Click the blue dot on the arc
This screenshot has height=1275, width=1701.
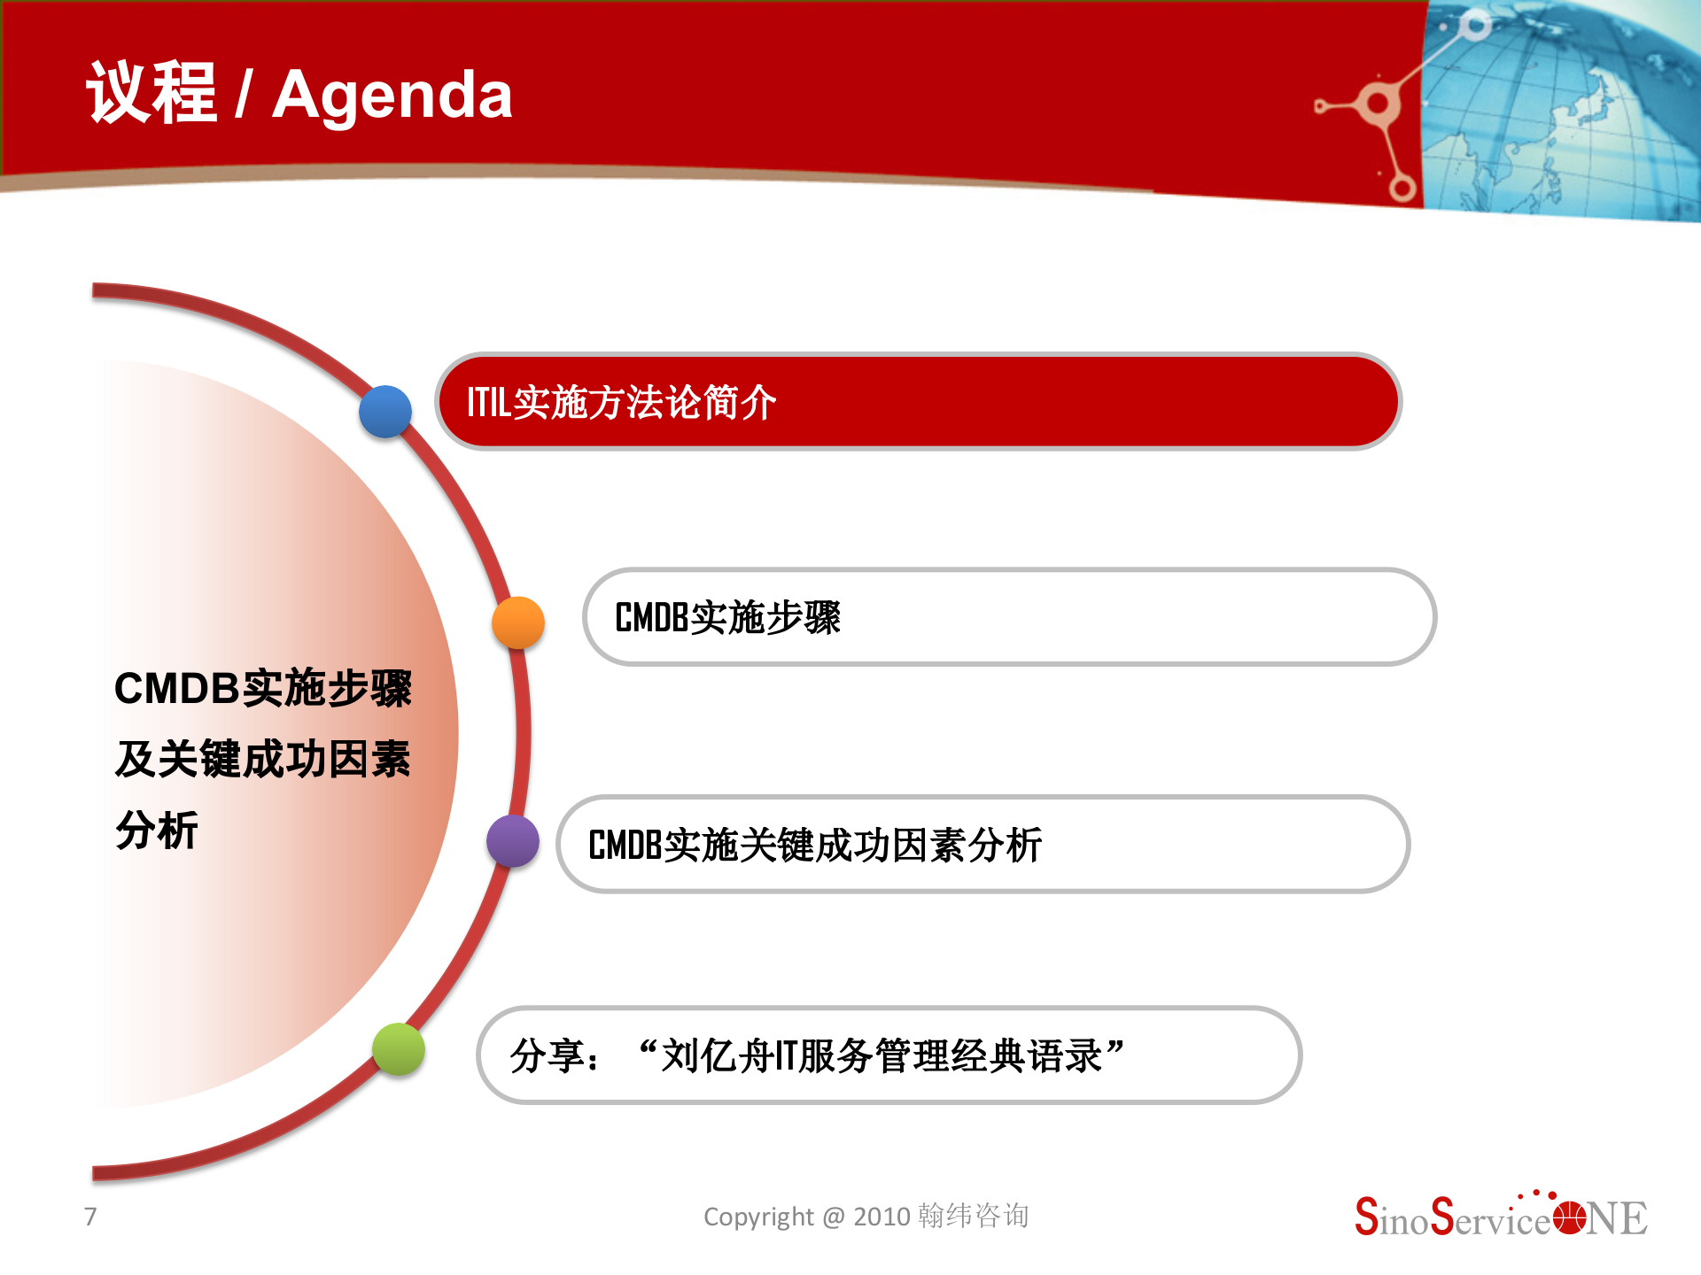click(385, 412)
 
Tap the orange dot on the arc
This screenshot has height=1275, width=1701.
click(518, 622)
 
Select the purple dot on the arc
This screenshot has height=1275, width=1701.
click(513, 841)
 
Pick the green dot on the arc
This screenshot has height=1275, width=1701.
click(399, 1049)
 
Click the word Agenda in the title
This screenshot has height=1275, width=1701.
click(392, 96)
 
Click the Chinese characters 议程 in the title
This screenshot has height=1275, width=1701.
click(151, 94)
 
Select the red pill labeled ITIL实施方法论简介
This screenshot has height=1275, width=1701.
click(918, 402)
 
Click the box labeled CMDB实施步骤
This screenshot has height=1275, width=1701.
click(1009, 617)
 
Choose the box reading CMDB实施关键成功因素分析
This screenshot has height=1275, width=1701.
click(983, 845)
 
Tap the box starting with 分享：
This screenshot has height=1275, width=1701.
click(889, 1055)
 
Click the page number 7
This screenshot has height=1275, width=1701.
click(90, 1217)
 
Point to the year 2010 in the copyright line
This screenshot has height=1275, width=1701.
click(882, 1217)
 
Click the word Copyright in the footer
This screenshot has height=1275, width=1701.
click(758, 1217)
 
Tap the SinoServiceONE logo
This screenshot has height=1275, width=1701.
click(1501, 1217)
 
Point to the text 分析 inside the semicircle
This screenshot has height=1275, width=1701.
click(157, 831)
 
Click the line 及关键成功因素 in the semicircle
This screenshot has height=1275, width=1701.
click(263, 760)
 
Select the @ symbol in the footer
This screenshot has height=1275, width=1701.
click(834, 1217)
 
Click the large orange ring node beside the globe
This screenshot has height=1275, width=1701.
click(1377, 104)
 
